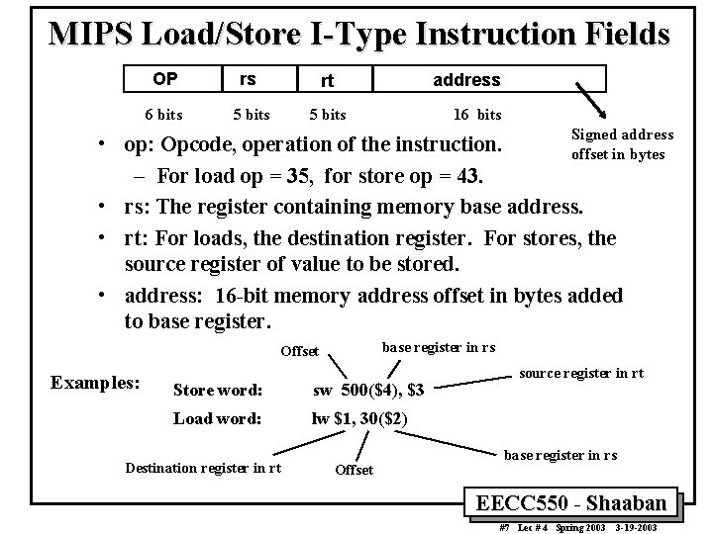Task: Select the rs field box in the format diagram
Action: [x=248, y=78]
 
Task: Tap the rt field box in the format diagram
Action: [x=325, y=79]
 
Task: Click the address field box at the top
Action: [x=466, y=79]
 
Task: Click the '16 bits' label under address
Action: [x=476, y=115]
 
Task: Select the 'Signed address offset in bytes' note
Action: [x=621, y=144]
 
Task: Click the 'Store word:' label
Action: [x=217, y=391]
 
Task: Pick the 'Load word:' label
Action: [x=217, y=418]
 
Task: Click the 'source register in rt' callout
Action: [x=581, y=373]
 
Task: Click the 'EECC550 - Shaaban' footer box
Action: [x=578, y=501]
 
